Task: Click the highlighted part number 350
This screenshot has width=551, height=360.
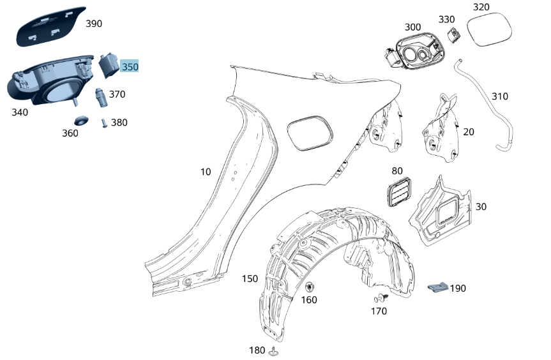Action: click(130, 66)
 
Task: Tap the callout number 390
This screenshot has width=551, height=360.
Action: click(94, 24)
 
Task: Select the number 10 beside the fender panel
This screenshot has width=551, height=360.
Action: click(205, 172)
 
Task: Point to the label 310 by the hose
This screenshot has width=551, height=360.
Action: click(500, 96)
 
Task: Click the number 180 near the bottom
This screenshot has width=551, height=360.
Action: click(257, 350)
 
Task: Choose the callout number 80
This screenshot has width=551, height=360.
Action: click(397, 171)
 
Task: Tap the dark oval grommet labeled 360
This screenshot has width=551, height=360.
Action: click(80, 120)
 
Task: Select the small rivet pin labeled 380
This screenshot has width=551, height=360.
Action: click(104, 123)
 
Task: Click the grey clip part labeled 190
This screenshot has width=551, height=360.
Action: click(438, 287)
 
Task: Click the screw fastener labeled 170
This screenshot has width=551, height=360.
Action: click(381, 298)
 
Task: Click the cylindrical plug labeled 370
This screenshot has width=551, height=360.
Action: click(100, 96)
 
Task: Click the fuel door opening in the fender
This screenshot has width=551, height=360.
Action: click(310, 132)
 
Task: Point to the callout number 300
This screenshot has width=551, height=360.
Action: click(412, 27)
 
